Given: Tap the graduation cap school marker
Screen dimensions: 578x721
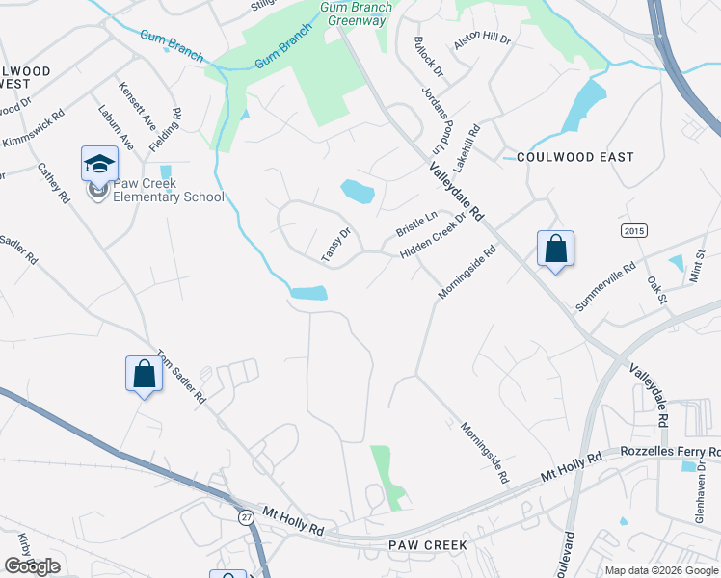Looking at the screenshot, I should (x=99, y=166).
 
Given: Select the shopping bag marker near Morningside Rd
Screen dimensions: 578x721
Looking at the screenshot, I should (x=556, y=250).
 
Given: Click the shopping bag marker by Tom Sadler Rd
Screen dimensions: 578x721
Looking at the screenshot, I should (x=144, y=374).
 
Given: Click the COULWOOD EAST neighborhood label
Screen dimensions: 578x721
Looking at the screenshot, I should (x=575, y=157).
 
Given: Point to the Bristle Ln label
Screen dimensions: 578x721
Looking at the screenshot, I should (x=416, y=226).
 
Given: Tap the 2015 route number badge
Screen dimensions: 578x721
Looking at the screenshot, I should (x=633, y=231).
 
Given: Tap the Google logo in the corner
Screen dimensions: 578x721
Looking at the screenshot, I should (x=32, y=565).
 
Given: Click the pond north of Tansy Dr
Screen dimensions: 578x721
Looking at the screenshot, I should (x=357, y=192).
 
